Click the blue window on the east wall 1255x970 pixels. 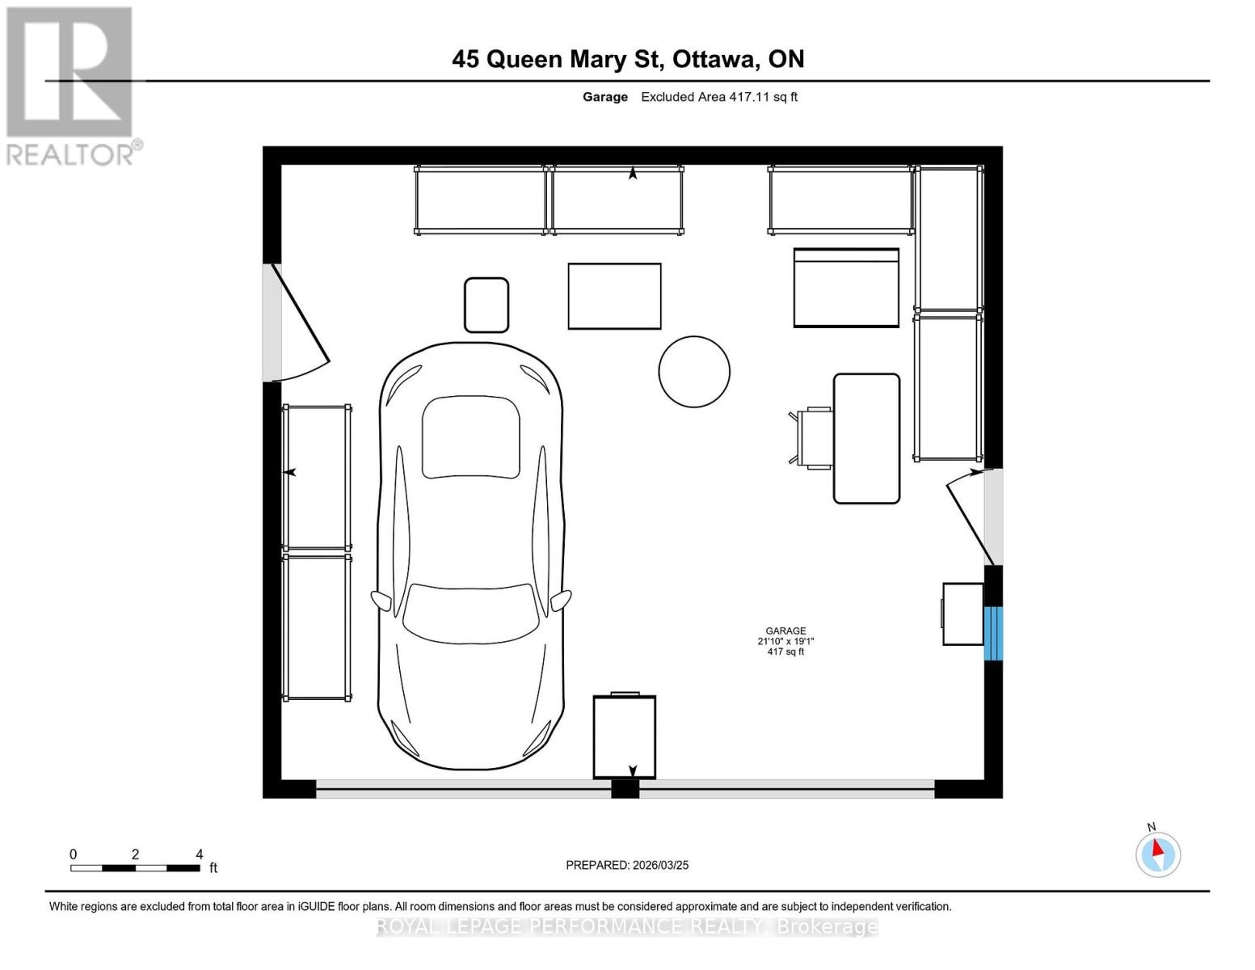coord(993,633)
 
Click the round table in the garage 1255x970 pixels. coord(694,371)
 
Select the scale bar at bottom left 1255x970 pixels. coord(135,867)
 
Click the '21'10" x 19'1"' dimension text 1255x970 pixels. coord(785,641)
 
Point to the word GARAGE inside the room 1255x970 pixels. coord(785,630)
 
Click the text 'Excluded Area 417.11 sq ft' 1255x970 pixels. coord(719,97)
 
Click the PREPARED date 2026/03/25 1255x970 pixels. coord(627,865)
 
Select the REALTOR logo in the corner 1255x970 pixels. coord(71,85)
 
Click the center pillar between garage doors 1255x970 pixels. coord(625,789)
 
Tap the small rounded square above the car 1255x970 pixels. coord(486,305)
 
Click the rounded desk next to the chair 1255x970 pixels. coord(866,438)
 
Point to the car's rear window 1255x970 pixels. coord(470,437)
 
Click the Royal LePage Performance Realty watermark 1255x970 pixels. coord(627,926)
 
